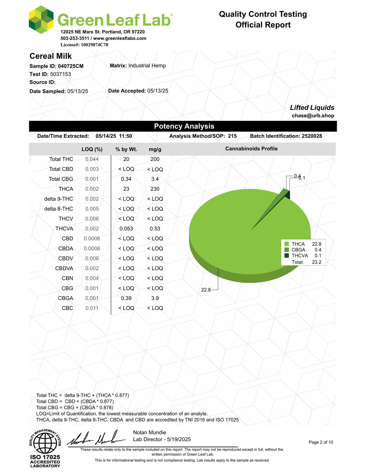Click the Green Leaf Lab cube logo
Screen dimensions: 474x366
[41, 20]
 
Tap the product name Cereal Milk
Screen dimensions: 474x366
[51, 56]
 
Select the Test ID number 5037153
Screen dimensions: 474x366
[61, 74]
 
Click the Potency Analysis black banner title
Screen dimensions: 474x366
[184, 126]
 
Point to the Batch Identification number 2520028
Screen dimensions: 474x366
[312, 136]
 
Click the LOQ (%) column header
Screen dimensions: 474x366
[92, 149]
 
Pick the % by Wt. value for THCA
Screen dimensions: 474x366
[126, 189]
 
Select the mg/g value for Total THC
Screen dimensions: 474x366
[155, 159]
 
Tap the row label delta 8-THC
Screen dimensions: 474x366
[59, 209]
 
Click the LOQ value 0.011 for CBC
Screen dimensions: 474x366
[92, 308]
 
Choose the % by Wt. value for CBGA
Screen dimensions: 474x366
[126, 298]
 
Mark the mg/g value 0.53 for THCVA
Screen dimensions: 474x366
[155, 229]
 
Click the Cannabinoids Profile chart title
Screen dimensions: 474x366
[251, 149]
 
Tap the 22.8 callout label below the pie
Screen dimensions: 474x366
[206, 290]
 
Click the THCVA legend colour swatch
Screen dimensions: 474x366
[287, 256]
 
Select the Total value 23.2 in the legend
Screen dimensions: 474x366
[317, 262]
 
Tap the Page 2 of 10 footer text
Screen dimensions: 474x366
[321, 442]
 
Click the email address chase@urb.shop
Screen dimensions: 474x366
[313, 116]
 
